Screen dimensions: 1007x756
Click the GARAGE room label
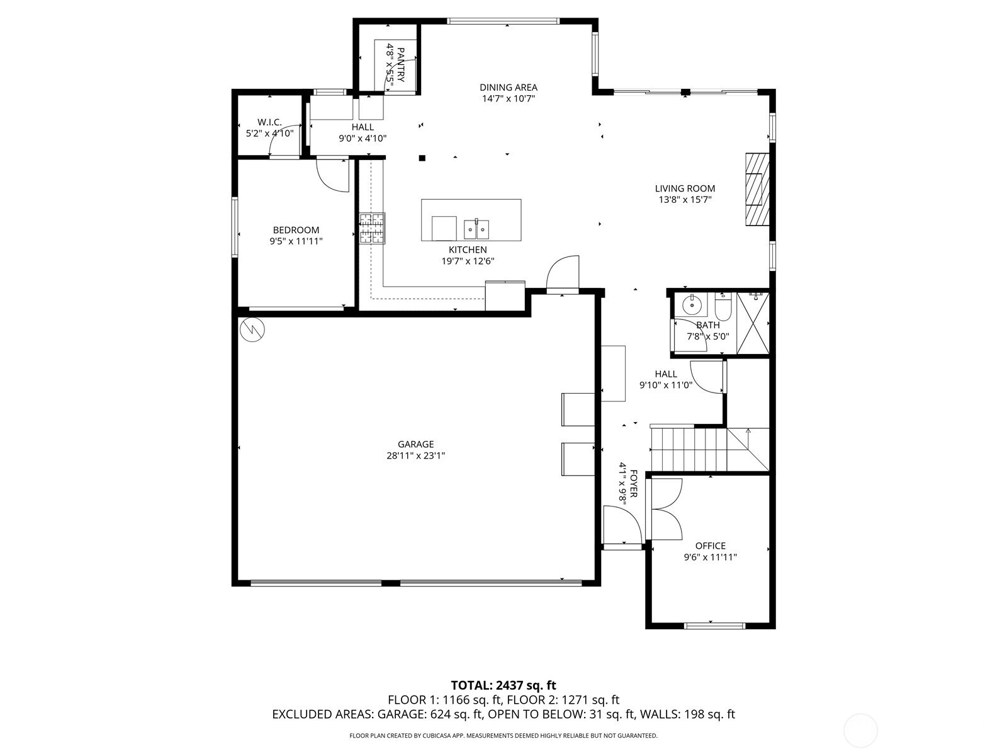click(415, 444)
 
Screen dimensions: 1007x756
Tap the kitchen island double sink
click(476, 229)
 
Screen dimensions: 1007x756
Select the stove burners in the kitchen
click(372, 228)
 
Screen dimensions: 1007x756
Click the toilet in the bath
click(722, 307)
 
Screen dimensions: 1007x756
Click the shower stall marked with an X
click(752, 323)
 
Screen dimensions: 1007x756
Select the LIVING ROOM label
click(685, 188)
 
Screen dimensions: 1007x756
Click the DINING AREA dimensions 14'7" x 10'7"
click(509, 98)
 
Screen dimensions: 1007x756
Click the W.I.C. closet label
click(270, 122)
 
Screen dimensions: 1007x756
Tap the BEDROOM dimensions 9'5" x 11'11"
click(296, 241)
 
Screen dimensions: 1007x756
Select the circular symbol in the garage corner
click(252, 329)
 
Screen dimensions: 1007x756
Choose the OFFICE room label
click(711, 546)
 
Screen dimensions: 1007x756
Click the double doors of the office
click(665, 509)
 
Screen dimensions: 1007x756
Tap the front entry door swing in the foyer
click(622, 525)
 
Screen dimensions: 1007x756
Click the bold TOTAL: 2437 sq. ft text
click(503, 685)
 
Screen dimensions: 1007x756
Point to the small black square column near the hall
click(422, 158)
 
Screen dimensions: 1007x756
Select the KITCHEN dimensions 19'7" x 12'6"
click(468, 261)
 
